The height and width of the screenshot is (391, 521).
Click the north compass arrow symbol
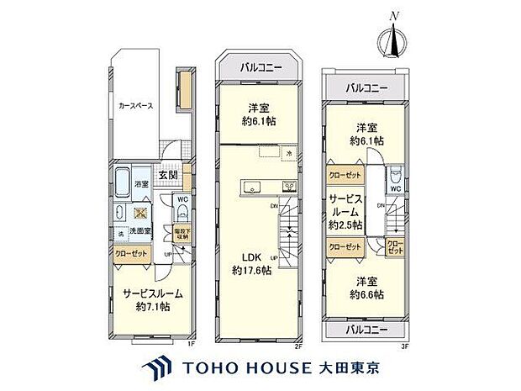click(392, 38)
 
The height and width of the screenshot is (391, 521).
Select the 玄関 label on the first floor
click(168, 175)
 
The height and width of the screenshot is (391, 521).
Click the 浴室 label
click(142, 184)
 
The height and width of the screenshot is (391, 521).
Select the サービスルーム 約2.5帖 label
click(345, 214)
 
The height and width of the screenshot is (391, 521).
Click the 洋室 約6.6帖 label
click(366, 288)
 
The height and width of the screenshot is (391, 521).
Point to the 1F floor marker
click(192, 343)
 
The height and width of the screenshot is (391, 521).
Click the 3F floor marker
click(405, 343)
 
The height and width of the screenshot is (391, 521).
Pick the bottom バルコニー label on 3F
click(366, 330)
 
